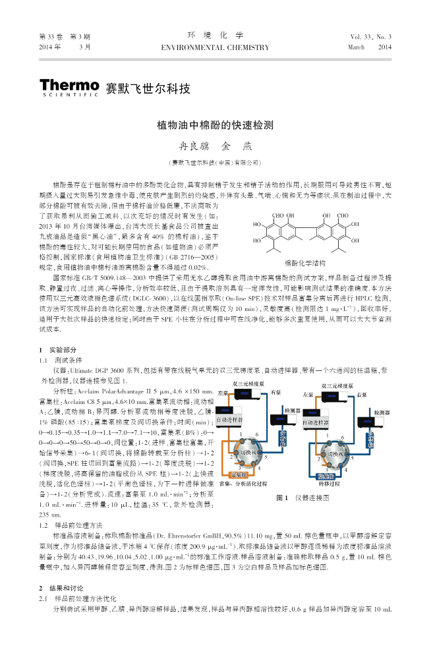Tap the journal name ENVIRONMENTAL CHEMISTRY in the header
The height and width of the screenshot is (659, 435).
(x=215, y=47)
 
